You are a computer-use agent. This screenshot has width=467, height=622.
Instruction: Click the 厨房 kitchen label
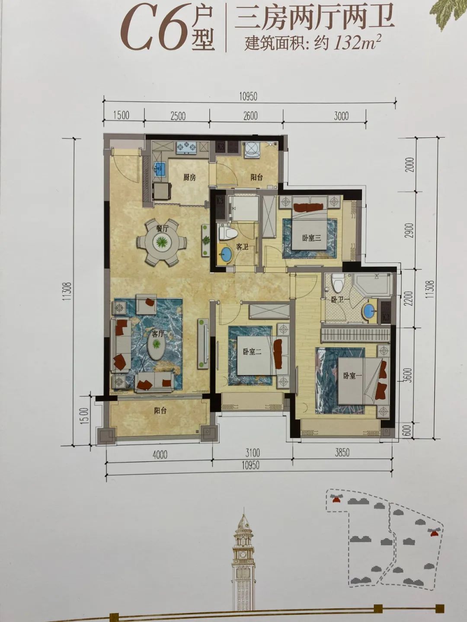pos(189,178)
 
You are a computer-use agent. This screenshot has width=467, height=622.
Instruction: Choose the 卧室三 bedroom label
pos(311,238)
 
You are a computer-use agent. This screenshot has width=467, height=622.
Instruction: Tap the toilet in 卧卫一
pos(337,283)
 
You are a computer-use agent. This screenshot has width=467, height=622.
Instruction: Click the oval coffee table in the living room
pos(156,345)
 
